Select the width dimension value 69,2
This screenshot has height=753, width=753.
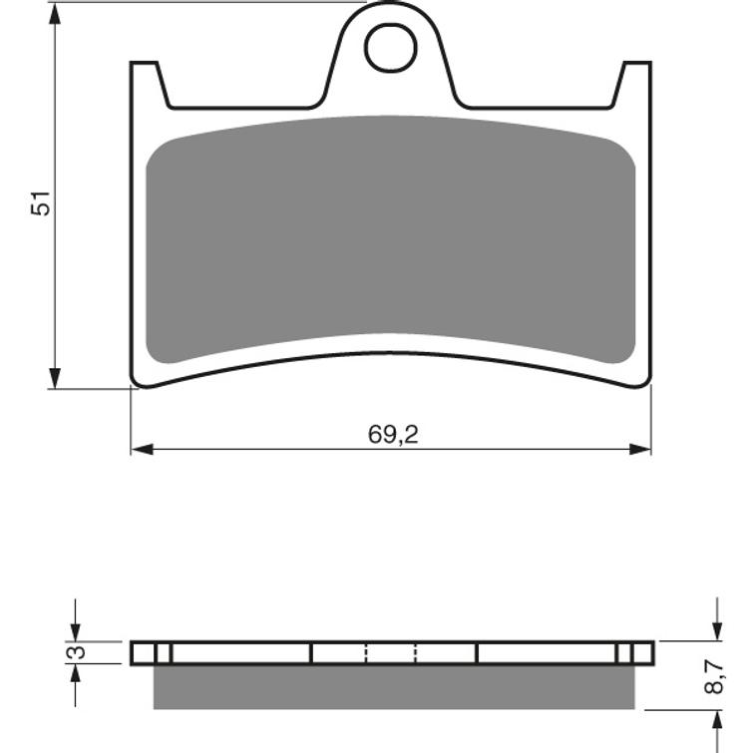click(392, 434)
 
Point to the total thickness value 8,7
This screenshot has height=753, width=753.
click(714, 677)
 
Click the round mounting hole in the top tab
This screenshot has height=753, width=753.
click(389, 47)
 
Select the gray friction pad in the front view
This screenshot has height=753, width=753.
click(390, 239)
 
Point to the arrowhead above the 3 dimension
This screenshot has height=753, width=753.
click(75, 630)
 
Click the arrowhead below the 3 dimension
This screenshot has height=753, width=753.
click(75, 674)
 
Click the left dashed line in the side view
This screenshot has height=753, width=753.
click(367, 653)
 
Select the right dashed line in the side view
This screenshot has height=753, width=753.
click(415, 653)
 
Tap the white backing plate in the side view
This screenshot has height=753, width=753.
click(239, 653)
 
